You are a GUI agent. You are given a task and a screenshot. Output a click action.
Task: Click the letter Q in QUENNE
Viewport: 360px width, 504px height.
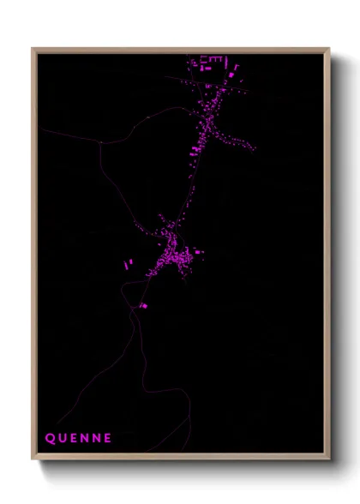(50, 438)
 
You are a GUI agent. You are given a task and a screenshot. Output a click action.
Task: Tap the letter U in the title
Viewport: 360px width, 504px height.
(62, 438)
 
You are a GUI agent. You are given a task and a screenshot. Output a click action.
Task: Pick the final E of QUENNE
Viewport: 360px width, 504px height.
(107, 438)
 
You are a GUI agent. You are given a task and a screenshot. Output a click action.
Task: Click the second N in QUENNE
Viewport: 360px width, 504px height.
(96, 438)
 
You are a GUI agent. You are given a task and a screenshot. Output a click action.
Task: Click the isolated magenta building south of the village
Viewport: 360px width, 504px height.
(143, 305)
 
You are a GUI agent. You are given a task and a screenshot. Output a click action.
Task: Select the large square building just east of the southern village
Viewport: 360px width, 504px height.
(199, 253)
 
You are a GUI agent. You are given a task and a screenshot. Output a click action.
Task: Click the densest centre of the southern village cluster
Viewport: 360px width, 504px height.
(171, 255)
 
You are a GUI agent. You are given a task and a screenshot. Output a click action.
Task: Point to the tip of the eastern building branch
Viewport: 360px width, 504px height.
(254, 148)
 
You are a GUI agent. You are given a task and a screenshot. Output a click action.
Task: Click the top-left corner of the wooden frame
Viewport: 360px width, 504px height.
(33, 49)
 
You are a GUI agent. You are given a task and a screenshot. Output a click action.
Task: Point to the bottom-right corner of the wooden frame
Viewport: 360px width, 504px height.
(329, 459)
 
